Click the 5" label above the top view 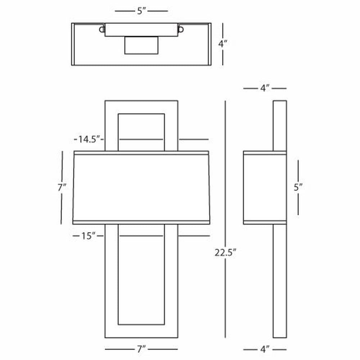tap(141, 11)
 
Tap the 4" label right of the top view tap(222, 44)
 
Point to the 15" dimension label tap(88, 236)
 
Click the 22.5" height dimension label tap(225, 253)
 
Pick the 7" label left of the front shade tap(62, 188)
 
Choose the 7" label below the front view tap(141, 349)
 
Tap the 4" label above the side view tap(265, 88)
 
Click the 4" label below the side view tap(265, 349)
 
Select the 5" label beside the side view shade tap(298, 188)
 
